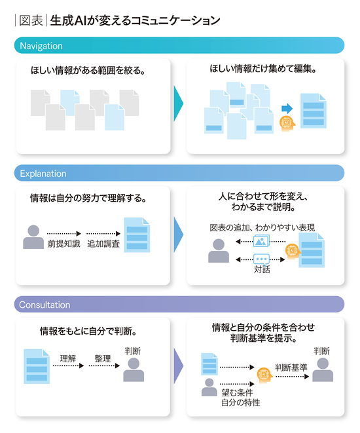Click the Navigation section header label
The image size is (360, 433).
41,46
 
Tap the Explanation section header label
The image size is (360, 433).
43,174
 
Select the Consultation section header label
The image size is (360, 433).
45,305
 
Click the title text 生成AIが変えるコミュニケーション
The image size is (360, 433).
135,20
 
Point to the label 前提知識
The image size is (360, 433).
64,244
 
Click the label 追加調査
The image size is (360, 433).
103,244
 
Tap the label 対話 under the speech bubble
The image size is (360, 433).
262,269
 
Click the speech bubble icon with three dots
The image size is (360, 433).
261,259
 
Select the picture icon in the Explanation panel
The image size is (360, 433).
261,241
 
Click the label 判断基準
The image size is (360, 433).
291,367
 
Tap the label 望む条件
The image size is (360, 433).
237,392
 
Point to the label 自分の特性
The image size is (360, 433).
241,403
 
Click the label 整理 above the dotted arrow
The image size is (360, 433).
103,358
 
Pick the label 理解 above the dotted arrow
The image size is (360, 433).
68,358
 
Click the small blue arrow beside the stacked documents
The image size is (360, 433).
287,109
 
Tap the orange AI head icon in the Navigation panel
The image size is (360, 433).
287,124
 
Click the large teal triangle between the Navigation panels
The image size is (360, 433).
178,104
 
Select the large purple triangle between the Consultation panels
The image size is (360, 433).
178,366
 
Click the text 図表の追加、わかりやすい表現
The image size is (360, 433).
262,227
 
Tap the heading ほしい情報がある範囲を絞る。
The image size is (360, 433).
88,70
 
